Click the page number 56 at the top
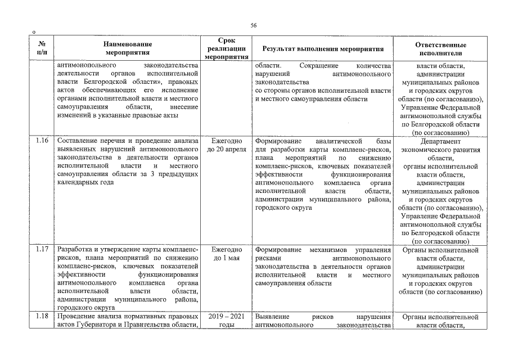click(x=254, y=25)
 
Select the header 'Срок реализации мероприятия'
click(x=226, y=48)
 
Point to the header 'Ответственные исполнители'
click(x=440, y=48)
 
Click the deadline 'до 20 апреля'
click(x=226, y=150)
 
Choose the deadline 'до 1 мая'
click(x=226, y=258)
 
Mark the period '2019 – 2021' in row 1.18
click(x=226, y=317)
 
